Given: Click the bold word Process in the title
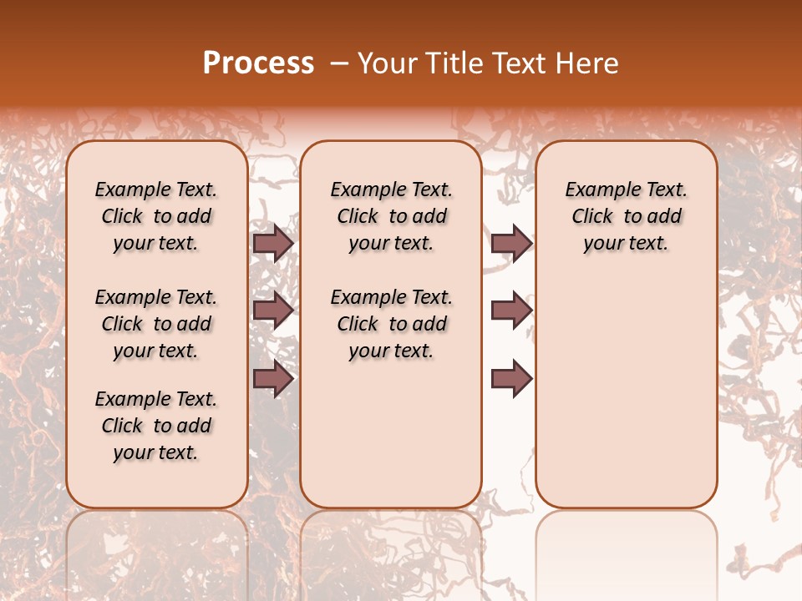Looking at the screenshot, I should pos(258,63).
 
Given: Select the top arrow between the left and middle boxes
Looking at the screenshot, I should pos(273,243).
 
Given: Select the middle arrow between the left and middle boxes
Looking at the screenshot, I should pos(273,311).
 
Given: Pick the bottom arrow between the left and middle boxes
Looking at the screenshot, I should pos(273,379).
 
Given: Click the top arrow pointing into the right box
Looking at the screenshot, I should pos(511,243).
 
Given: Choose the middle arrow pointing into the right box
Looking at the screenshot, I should pos(511,311).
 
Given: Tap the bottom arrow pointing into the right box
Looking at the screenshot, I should pos(511,379).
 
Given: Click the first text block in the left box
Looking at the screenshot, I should pos(156,216).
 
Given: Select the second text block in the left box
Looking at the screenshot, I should pos(156,324).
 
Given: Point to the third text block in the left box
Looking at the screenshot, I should pos(156,426).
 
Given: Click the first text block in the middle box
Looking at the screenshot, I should pos(391,216).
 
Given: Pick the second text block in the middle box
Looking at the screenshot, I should pos(391,324).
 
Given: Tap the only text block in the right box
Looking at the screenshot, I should pos(626,216).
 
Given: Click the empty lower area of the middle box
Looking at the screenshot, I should pos(391,434).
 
